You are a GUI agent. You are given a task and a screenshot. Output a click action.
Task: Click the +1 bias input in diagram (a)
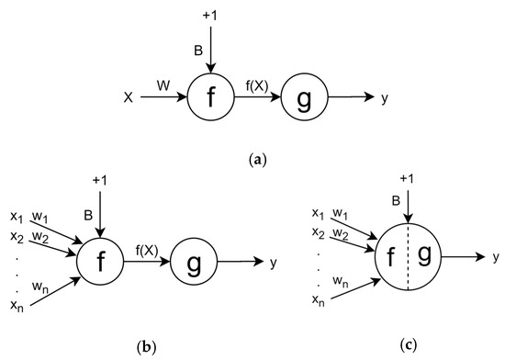point(212,13)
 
